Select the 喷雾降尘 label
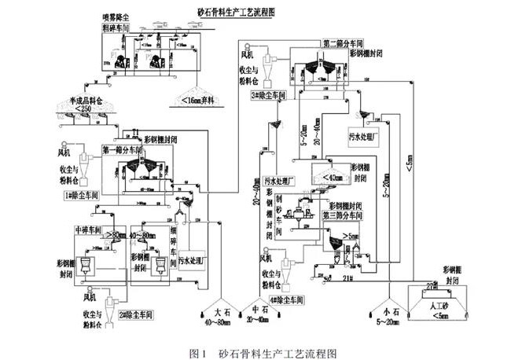click(116, 17)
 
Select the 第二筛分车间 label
click(344, 40)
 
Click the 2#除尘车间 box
click(135, 314)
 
